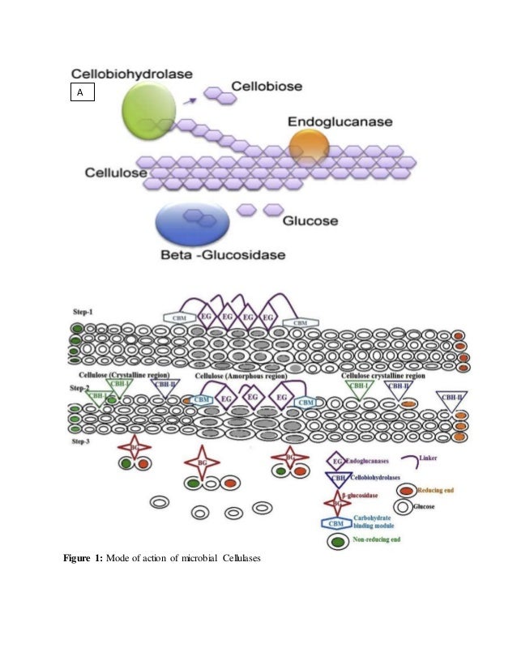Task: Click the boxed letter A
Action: [x=80, y=93]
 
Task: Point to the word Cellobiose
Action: [x=267, y=84]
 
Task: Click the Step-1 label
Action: [x=83, y=310]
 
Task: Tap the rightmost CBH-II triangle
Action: [x=451, y=398]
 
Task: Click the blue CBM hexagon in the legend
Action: [x=336, y=523]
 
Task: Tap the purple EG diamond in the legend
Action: [x=336, y=462]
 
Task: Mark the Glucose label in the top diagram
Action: [x=310, y=219]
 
